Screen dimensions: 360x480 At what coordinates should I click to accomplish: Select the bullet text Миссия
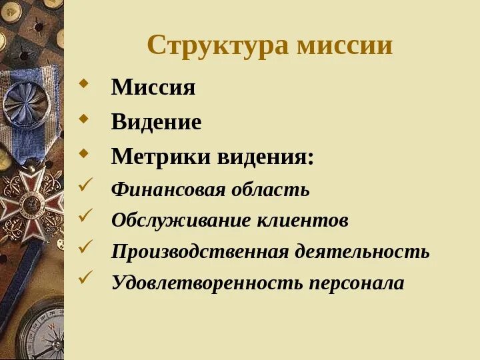tap(153, 87)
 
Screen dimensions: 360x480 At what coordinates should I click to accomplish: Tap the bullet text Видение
tap(156, 122)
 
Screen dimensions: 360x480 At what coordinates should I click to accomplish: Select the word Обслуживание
tap(179, 221)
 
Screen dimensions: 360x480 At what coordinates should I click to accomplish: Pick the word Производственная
tap(200, 252)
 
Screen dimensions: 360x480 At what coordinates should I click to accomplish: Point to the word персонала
tap(356, 283)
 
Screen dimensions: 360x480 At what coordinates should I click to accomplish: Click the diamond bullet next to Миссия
tap(83, 85)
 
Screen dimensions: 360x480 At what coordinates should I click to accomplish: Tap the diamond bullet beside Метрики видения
tap(83, 155)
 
